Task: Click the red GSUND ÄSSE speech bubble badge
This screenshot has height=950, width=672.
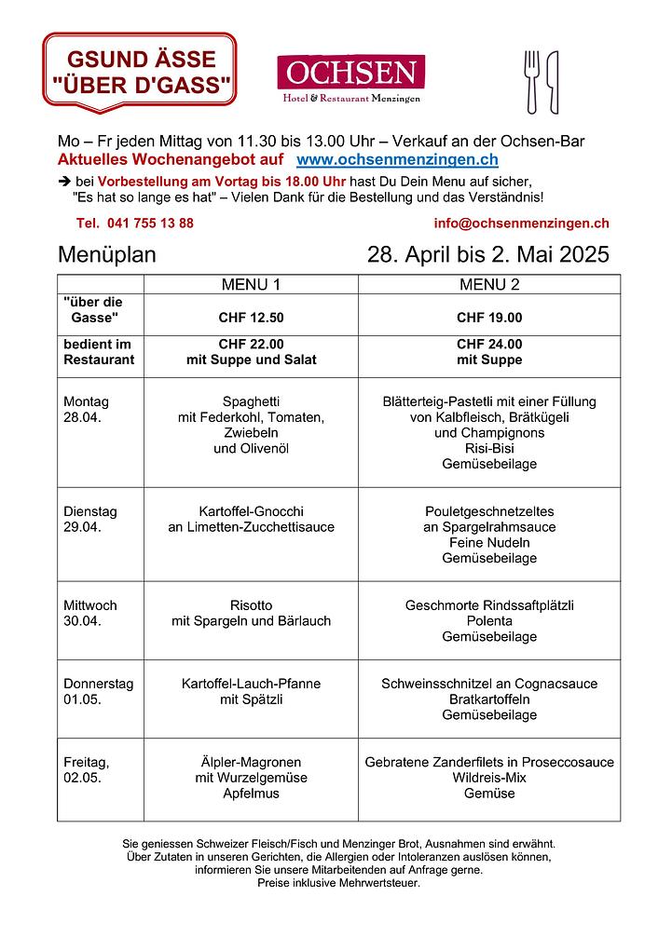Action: click(x=140, y=71)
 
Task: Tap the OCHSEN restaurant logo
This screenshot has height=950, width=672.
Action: click(x=350, y=79)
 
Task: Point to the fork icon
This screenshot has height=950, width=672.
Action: click(x=532, y=81)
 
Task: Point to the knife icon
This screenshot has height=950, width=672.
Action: click(x=552, y=81)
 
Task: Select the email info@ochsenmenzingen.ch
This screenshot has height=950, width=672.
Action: click(x=521, y=223)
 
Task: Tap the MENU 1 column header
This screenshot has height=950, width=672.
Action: click(x=251, y=284)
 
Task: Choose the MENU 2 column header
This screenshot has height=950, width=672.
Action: click(x=489, y=284)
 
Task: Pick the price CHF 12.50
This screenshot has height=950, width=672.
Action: click(x=251, y=318)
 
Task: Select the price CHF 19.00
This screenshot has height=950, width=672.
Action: click(x=489, y=318)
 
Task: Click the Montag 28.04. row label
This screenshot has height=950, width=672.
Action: click(x=86, y=410)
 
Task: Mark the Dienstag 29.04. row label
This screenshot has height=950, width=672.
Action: click(x=90, y=519)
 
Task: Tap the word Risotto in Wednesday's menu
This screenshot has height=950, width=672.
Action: click(x=251, y=605)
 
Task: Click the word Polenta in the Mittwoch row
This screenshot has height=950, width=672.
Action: click(x=489, y=621)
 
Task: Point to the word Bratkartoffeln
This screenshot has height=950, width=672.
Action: click(x=489, y=699)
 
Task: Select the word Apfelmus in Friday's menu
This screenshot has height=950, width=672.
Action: click(x=251, y=794)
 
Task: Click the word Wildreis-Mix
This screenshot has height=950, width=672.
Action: click(x=489, y=778)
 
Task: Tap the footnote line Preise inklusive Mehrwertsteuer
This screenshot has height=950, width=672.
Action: click(x=338, y=882)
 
